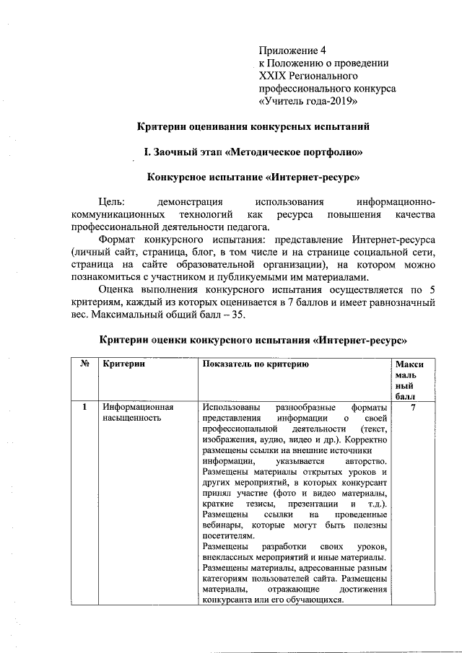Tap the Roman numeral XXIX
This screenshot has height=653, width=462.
271,75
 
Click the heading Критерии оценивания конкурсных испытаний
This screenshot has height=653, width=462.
253,127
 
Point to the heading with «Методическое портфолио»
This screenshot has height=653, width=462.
253,152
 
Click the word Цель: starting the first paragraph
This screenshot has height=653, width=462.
111,203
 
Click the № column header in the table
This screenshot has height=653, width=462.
84,364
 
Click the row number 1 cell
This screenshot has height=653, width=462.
84,408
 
